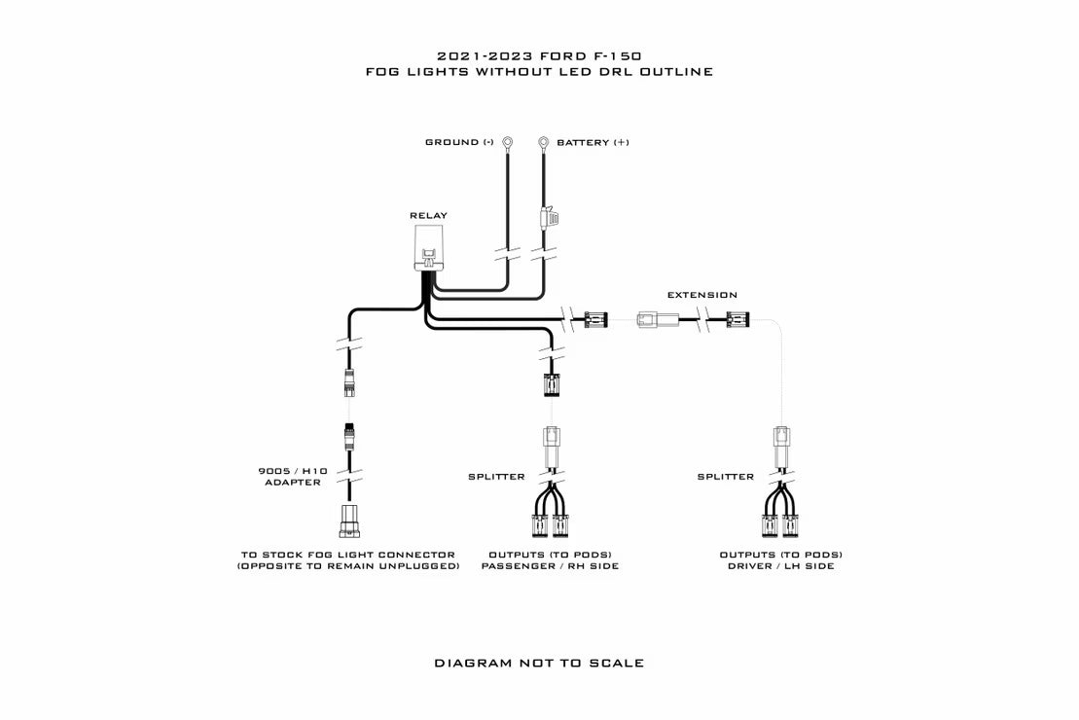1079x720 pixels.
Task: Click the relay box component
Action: (x=429, y=247)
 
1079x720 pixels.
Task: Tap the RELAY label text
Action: (x=429, y=215)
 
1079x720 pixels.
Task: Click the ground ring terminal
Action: (x=508, y=142)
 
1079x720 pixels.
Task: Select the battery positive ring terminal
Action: (x=543, y=142)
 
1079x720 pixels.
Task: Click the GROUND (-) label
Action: (x=459, y=142)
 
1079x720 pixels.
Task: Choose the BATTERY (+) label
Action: (x=593, y=142)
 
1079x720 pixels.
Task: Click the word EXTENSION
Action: (x=701, y=295)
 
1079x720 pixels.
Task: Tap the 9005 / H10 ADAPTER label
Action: (x=293, y=477)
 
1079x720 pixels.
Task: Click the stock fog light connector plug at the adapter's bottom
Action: (x=349, y=522)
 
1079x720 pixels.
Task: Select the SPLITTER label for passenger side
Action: (x=496, y=477)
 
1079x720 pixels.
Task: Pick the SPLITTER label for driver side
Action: (x=725, y=477)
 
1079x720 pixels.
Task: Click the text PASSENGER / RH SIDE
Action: (x=550, y=566)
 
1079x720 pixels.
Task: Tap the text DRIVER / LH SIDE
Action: (x=781, y=566)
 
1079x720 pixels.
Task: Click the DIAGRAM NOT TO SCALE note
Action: (x=539, y=663)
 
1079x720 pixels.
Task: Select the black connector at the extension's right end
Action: (x=738, y=319)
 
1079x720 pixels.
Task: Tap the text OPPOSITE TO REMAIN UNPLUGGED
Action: (x=348, y=566)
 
